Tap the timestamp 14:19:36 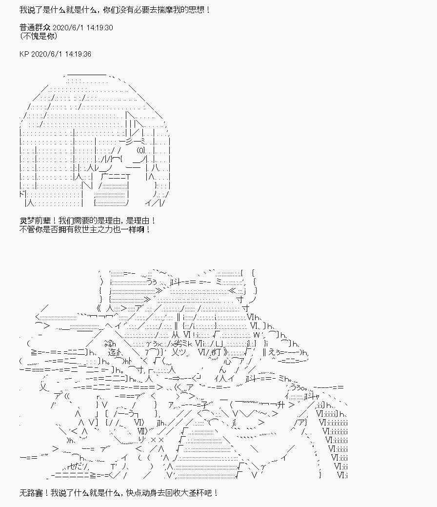coord(77,54)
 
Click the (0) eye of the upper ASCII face coord(141,150)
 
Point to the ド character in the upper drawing coord(21,194)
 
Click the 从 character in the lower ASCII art coord(175,334)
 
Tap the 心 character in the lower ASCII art coord(227,361)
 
